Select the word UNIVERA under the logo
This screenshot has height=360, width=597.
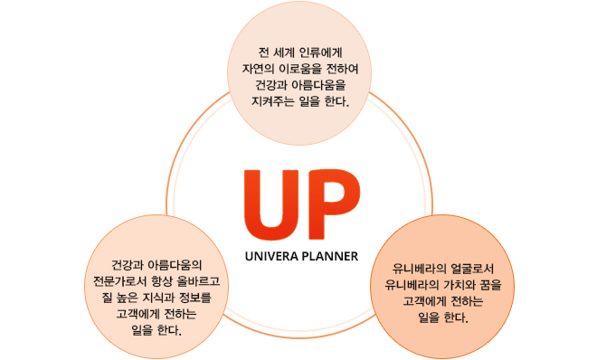tap(270, 255)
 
